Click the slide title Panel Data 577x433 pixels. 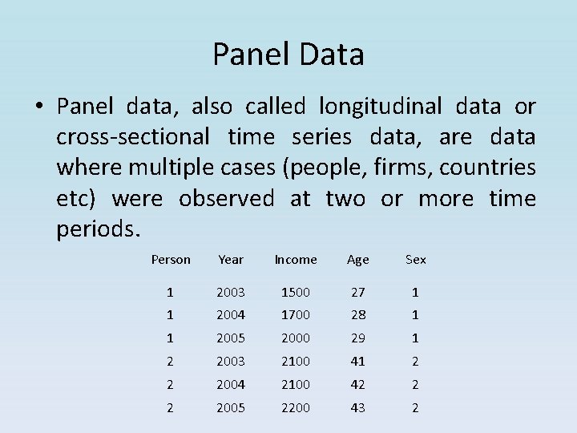[288, 55]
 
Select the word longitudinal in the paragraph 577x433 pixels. [380, 106]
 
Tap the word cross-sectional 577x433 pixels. [133, 137]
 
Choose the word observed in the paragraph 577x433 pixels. [226, 198]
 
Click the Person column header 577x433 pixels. [171, 260]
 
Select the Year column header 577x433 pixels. [231, 260]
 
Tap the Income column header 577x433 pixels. [296, 260]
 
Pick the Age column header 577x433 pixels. [357, 260]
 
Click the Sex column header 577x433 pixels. [416, 260]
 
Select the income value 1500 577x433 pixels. [296, 292]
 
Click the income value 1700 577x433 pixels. [296, 315]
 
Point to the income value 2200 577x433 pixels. [296, 407]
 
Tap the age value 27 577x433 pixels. [357, 292]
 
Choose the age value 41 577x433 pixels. [357, 362]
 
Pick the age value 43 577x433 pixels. [357, 407]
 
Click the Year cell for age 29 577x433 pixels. [231, 338]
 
